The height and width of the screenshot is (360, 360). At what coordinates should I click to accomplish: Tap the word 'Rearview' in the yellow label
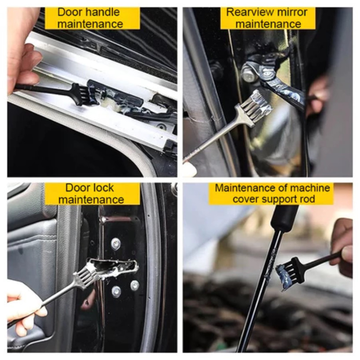250,12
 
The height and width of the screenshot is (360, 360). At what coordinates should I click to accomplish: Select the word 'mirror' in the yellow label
291,12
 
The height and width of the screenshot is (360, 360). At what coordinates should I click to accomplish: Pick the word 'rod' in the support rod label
308,199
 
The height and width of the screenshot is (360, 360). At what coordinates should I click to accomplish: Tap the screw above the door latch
116,244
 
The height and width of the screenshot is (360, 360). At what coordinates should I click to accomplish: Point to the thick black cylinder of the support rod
284,217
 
